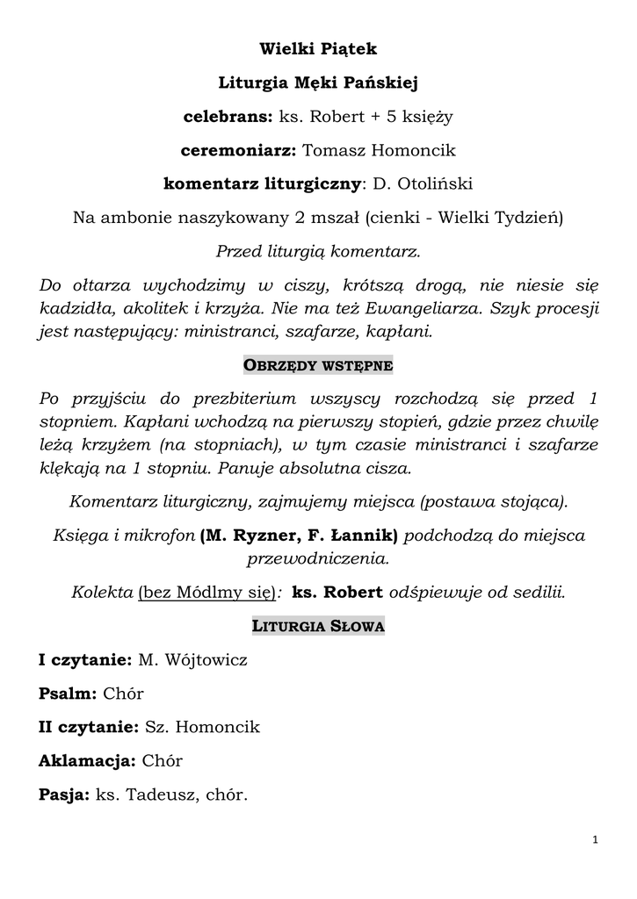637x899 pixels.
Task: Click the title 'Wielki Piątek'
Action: point(318,49)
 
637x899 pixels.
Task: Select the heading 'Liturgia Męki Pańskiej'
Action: point(318,83)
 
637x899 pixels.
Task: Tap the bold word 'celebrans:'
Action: point(228,117)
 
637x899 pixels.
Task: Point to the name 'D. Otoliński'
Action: point(423,184)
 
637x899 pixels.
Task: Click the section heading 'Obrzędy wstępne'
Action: point(318,365)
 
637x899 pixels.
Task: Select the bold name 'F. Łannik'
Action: point(358,536)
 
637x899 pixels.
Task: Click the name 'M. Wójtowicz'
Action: point(193,660)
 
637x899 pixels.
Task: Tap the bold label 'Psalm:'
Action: point(68,694)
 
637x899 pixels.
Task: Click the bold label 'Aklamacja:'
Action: point(86,761)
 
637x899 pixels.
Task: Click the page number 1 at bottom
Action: point(595,840)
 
